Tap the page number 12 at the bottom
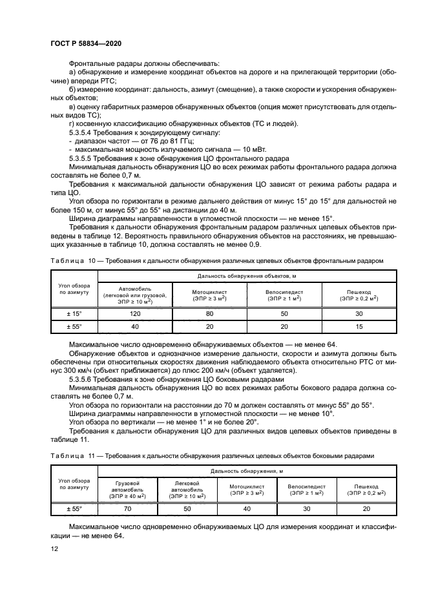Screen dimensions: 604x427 pyautogui.click(x=54, y=548)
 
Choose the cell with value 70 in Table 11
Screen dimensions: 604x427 pyautogui.click(x=127, y=508)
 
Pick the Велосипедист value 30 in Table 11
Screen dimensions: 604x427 pyautogui.click(x=306, y=508)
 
